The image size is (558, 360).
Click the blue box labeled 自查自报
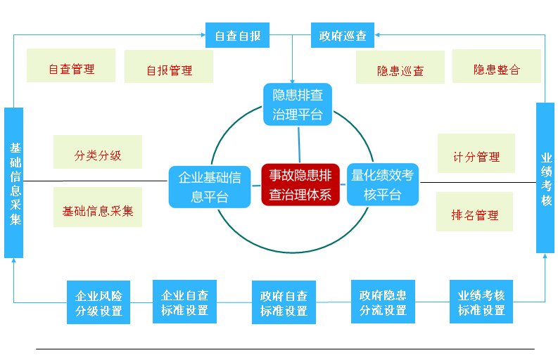coord(237,35)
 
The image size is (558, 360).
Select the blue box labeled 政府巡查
coord(342,35)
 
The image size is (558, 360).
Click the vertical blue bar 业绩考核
coord(545,178)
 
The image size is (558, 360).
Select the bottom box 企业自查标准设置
coord(184,302)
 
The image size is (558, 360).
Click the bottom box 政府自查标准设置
coord(284,302)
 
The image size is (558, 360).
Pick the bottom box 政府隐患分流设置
coord(382,302)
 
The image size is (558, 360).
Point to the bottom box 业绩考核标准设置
coord(481,302)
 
